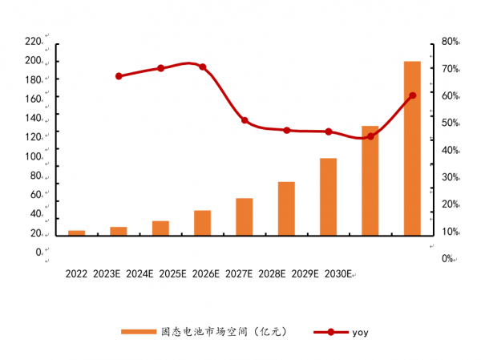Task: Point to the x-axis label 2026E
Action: (204, 273)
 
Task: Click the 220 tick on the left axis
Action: (33, 41)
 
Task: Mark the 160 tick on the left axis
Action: (33, 99)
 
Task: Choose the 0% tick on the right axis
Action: (447, 258)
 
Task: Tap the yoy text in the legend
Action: (360, 331)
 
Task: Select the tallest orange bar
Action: (412, 148)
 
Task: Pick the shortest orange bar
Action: (76, 233)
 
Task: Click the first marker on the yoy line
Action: (119, 76)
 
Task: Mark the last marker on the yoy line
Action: (412, 95)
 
